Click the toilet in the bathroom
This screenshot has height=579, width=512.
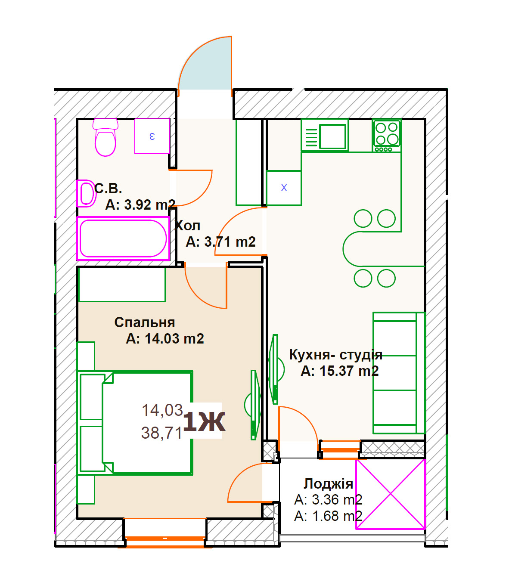[105, 137]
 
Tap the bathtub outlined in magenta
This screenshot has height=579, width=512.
[123, 238]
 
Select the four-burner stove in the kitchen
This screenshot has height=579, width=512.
[387, 136]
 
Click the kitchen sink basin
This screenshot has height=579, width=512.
[332, 136]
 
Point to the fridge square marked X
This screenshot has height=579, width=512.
[284, 188]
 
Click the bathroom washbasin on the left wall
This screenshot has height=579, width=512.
[86, 193]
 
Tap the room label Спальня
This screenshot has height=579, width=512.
[145, 323]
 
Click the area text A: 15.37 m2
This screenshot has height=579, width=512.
[340, 371]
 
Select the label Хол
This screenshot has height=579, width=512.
[187, 226]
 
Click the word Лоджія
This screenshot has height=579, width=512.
[328, 484]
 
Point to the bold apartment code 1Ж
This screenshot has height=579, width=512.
[204, 422]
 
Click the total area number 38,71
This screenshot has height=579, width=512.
[161, 433]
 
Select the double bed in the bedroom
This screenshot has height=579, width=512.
[135, 423]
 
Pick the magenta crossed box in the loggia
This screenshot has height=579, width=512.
[391, 494]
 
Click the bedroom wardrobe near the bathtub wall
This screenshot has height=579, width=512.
[122, 284]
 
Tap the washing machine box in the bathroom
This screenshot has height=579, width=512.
[152, 136]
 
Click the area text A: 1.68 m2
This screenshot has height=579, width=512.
[328, 516]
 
